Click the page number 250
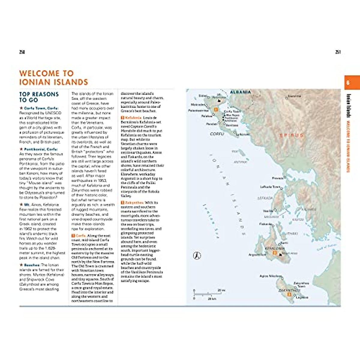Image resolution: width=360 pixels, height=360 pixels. coord(22,52)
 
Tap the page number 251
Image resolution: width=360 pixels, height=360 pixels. coord(338,52)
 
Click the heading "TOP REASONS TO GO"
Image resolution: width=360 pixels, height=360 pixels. coord(39,97)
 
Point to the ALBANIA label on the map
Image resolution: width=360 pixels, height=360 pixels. coord(240,92)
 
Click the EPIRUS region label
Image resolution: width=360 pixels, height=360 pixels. coord(292,136)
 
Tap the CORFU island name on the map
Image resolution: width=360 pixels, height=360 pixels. coord(217,134)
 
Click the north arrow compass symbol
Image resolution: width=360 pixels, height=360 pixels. coord(197,256)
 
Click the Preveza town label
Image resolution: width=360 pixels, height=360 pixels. coord(277,178)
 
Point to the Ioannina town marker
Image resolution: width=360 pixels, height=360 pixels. coord(286,98)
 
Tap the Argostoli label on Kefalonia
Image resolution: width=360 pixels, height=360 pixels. coord(256,255)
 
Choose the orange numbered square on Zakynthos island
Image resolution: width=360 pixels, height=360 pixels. coord(289,294)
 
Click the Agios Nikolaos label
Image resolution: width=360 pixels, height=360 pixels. coord(270,276)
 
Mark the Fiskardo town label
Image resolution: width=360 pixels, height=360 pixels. coord(265,224)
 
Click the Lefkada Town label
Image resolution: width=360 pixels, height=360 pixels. coord(270,187)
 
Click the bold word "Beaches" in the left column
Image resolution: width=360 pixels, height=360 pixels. coord(32,265)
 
